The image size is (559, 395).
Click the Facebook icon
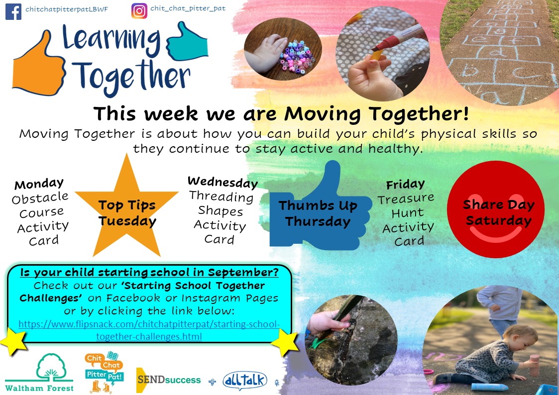coord(13,12)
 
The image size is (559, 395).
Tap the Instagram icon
coord(139,11)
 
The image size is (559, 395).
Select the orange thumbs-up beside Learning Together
coord(38,64)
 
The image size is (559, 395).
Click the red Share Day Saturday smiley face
coord(496,209)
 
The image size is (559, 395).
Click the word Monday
coord(39,184)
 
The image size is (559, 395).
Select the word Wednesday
coord(223,182)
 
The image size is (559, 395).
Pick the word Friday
coord(405,185)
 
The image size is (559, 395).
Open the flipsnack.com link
coord(149,330)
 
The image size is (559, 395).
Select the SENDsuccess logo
coord(169,380)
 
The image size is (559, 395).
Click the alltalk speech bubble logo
coord(245,381)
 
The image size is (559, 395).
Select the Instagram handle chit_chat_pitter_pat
coord(188,8)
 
